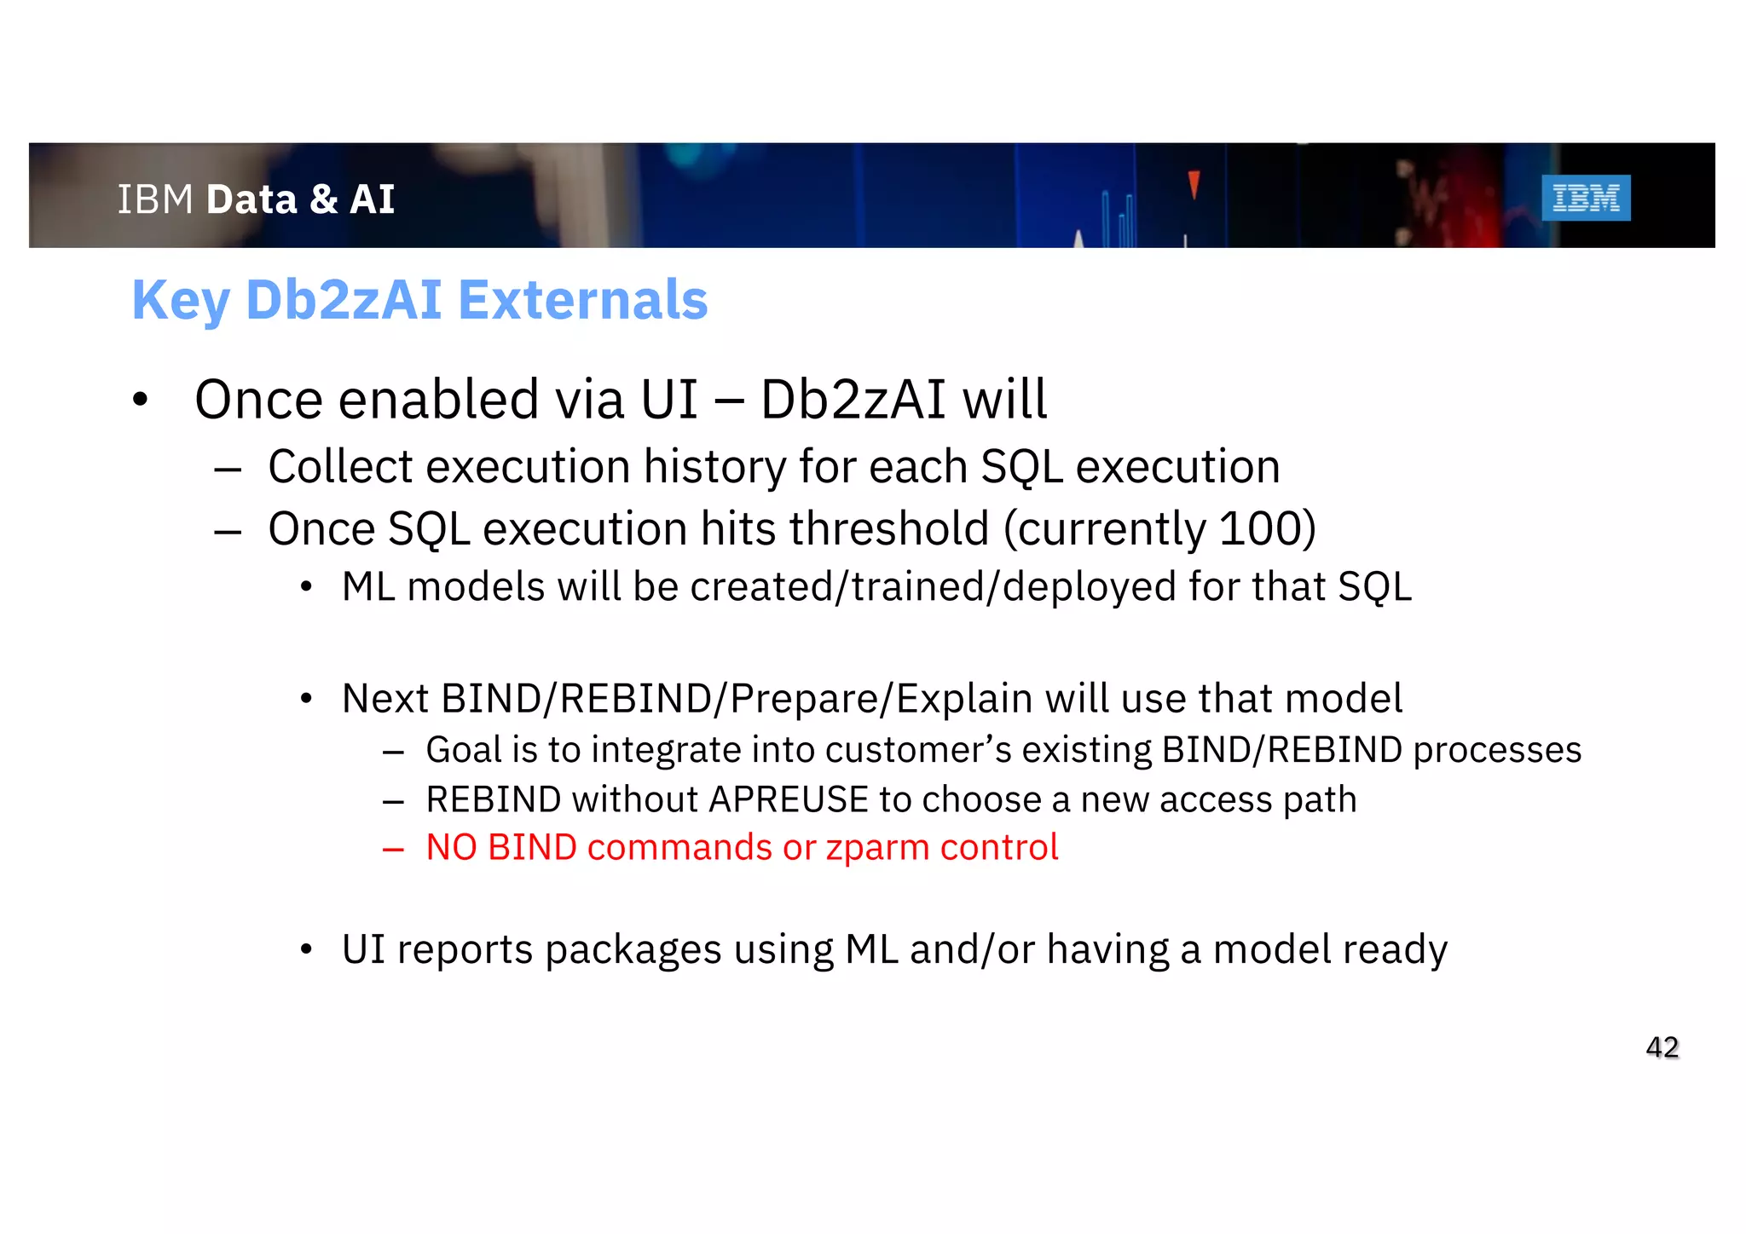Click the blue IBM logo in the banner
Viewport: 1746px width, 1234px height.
click(1585, 198)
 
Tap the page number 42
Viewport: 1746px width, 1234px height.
click(1662, 1047)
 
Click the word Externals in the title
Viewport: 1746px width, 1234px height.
click(582, 300)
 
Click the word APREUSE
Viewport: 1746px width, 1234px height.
click(788, 799)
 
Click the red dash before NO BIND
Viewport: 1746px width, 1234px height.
click(393, 849)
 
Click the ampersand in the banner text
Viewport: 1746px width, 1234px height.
click(323, 199)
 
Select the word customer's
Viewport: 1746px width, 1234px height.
click(917, 750)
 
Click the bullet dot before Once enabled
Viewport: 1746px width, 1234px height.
click(141, 399)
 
